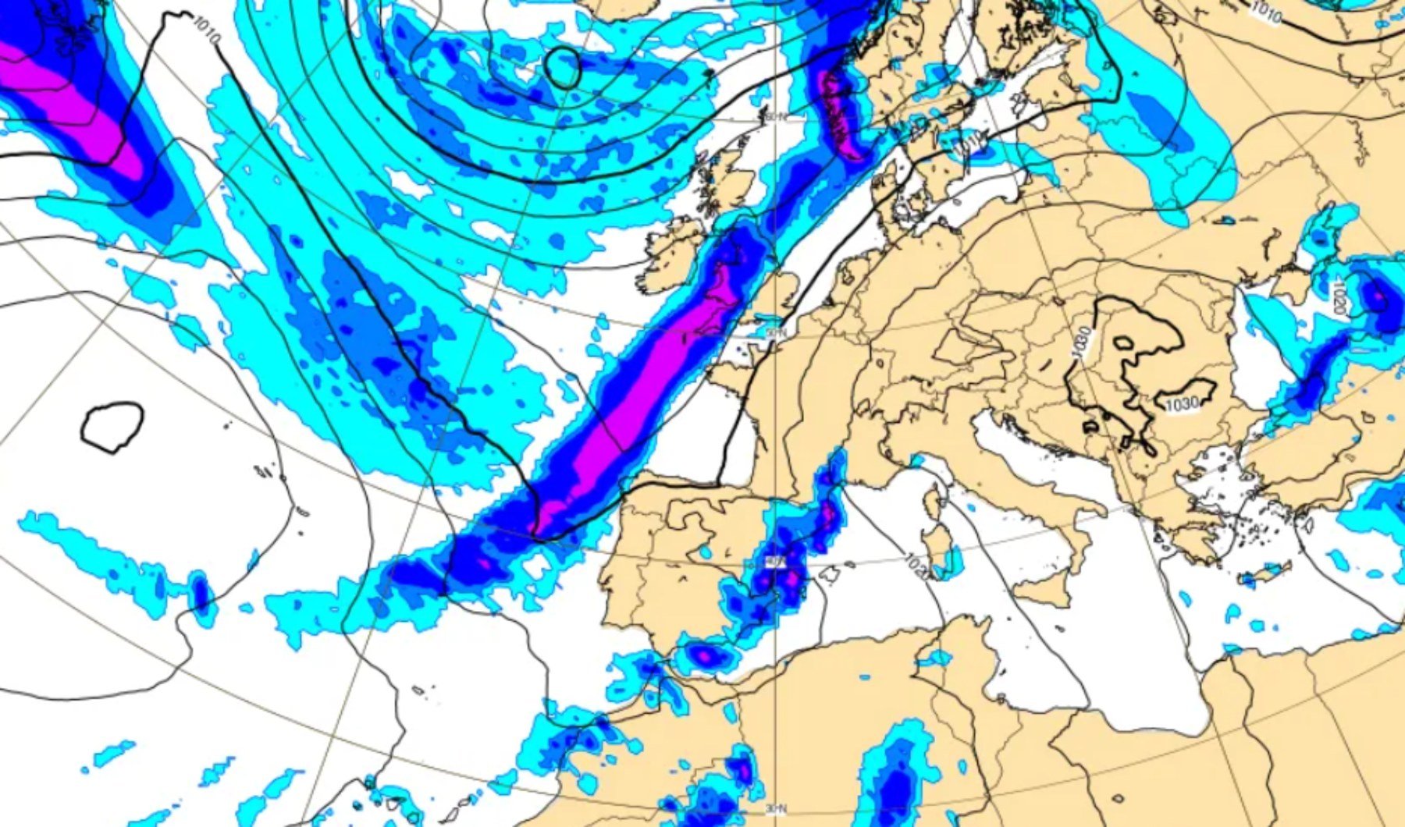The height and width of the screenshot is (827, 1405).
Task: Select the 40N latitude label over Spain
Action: click(775, 560)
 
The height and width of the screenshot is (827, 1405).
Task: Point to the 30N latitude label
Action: click(775, 808)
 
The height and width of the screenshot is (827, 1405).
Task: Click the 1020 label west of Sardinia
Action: click(917, 566)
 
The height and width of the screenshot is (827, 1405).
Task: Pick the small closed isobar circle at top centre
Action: click(562, 67)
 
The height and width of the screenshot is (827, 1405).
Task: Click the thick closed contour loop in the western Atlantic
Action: click(112, 425)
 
